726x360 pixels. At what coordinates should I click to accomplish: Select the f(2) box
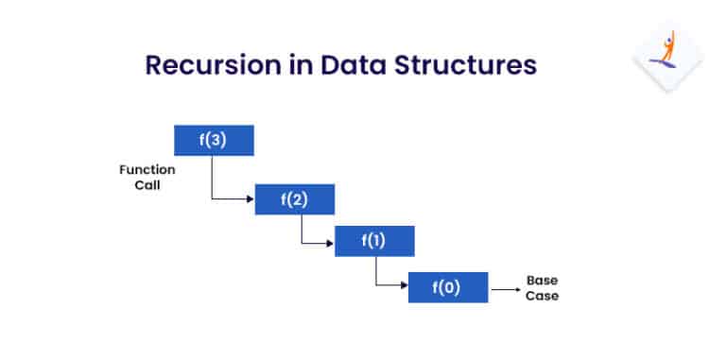coord(295,199)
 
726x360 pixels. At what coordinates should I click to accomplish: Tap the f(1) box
coord(374,242)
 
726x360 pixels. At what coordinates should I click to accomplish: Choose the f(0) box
coord(448,287)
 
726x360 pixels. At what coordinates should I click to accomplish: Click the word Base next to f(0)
coord(543,281)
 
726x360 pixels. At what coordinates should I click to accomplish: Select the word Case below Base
coord(543,296)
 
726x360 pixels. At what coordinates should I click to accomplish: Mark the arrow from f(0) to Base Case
coord(504,287)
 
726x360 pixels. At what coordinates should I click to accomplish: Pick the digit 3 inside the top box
coord(217,141)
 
